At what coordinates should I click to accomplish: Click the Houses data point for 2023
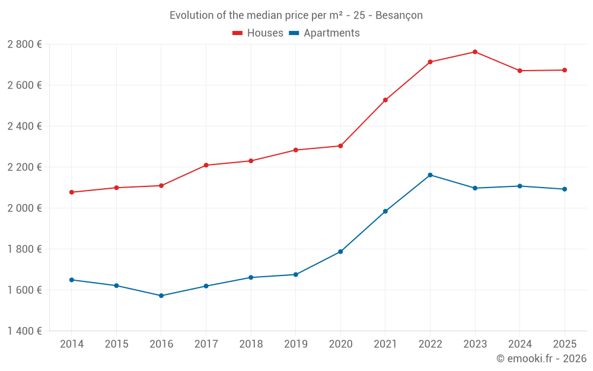click(475, 52)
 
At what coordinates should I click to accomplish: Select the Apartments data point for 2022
click(430, 175)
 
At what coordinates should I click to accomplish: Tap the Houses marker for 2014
click(72, 192)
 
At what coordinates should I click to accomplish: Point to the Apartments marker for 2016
click(161, 296)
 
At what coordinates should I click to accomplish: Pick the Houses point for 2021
click(385, 100)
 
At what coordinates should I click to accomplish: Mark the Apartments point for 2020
click(340, 252)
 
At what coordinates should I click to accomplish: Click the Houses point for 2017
click(206, 165)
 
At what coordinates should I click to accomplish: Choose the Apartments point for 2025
click(565, 189)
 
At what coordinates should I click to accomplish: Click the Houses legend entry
click(258, 33)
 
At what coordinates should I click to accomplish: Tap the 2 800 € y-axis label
click(24, 45)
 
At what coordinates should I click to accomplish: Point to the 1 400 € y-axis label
click(24, 331)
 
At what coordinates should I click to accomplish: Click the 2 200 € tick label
click(24, 167)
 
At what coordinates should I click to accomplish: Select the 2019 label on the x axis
click(295, 344)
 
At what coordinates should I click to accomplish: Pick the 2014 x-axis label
click(72, 344)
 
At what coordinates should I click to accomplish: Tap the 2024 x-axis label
click(519, 344)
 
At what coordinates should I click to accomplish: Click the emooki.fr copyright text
click(541, 359)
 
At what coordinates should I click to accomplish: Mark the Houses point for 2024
click(519, 71)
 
